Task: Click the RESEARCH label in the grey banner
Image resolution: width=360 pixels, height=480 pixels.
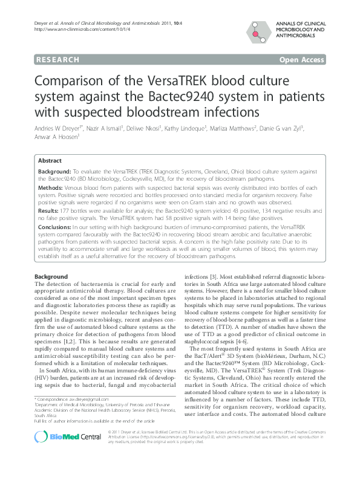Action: (x=58, y=60)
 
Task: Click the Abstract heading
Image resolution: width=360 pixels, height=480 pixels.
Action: (x=50, y=161)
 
